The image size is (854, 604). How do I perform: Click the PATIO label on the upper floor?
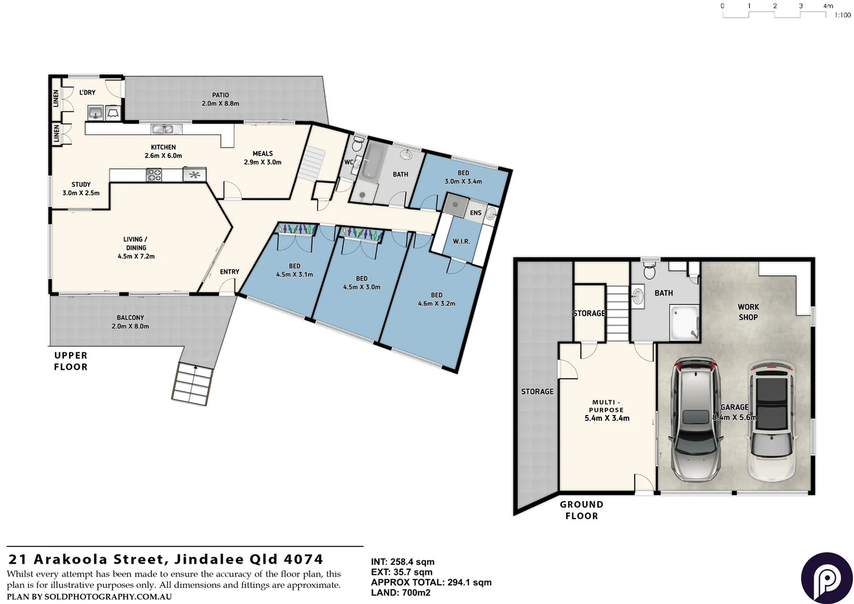[220, 99]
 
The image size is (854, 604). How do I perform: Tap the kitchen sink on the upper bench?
[166, 129]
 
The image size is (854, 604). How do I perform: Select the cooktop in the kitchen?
[154, 175]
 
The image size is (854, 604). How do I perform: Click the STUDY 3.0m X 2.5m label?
[81, 188]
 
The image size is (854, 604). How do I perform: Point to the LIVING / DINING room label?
[136, 248]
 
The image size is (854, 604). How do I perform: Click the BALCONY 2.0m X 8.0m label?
[130, 322]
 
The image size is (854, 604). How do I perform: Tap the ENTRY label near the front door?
[229, 272]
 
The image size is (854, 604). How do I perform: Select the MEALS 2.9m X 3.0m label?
[263, 158]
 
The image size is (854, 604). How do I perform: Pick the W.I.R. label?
[461, 242]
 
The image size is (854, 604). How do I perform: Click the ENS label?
[476, 213]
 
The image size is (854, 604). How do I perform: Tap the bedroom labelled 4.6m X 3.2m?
[437, 299]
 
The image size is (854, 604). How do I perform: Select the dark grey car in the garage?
[697, 419]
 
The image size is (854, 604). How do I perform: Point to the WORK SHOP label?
[748, 312]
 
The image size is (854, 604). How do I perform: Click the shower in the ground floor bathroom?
[684, 322]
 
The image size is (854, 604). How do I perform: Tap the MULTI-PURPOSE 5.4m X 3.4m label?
[606, 410]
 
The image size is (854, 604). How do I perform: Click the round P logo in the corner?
[827, 578]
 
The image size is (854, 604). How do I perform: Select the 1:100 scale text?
[842, 15]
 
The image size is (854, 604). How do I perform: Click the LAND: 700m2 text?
[401, 593]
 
